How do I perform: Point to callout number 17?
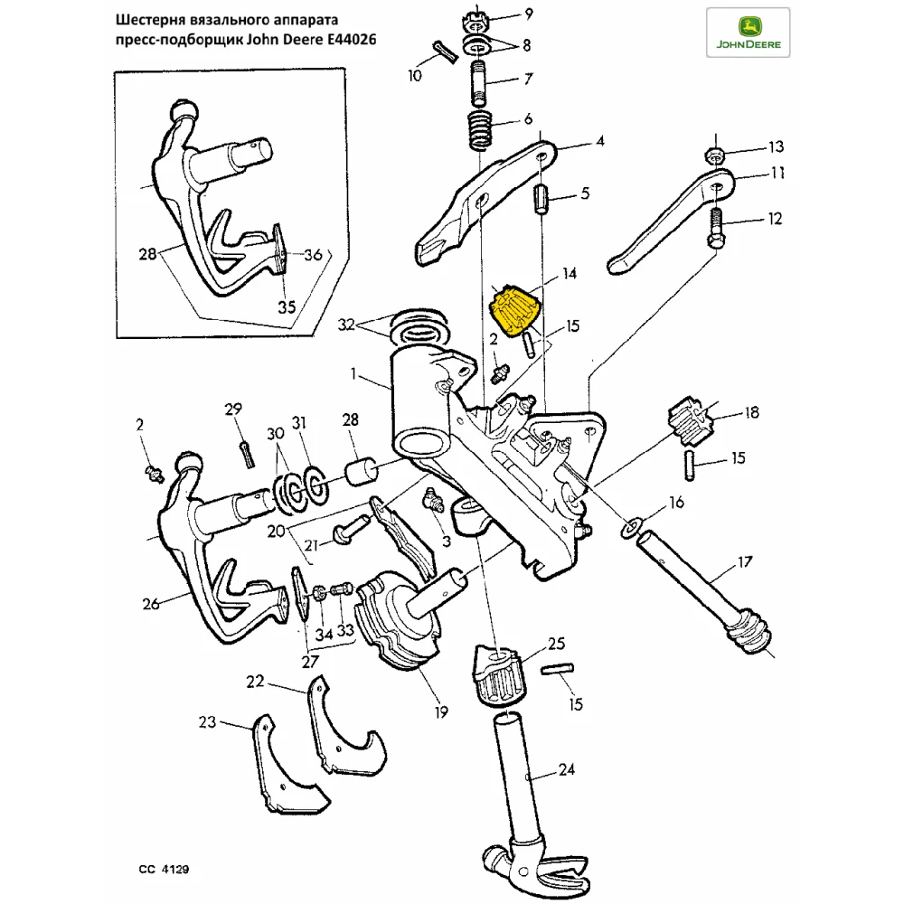pyautogui.click(x=744, y=562)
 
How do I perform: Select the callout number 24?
pyautogui.click(x=566, y=770)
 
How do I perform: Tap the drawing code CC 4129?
pyautogui.click(x=164, y=869)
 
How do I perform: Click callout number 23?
pyautogui.click(x=208, y=721)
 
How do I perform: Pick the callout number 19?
pyautogui.click(x=440, y=712)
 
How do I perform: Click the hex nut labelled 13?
pyautogui.click(x=714, y=154)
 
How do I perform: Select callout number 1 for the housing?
pyautogui.click(x=356, y=372)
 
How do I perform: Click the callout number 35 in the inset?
pyautogui.click(x=286, y=306)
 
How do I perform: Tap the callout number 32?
pyautogui.click(x=347, y=325)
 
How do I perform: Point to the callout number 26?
pyautogui.click(x=150, y=603)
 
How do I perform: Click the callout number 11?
pyautogui.click(x=777, y=173)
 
